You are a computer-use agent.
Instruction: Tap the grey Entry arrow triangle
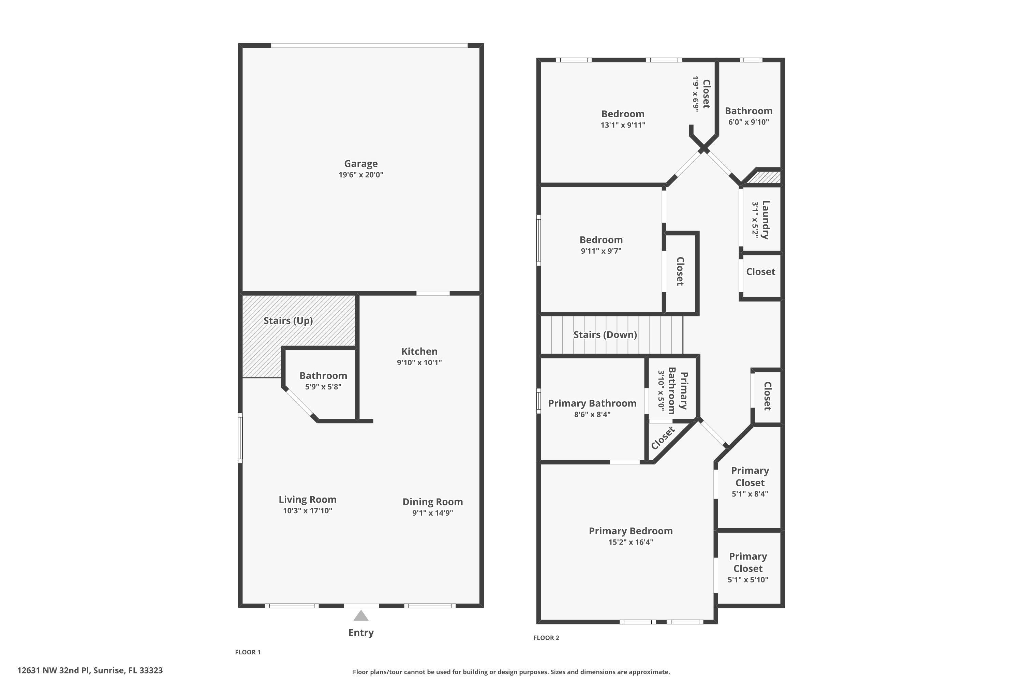click(360, 616)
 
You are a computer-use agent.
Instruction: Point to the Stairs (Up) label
click(288, 321)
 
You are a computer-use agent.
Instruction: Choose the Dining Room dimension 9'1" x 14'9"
click(432, 513)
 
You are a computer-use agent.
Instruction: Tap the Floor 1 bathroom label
click(323, 376)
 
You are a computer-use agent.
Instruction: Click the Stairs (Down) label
click(605, 335)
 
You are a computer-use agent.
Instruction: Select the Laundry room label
click(766, 220)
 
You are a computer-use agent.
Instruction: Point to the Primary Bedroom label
click(631, 531)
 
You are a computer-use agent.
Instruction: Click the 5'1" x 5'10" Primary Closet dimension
click(748, 580)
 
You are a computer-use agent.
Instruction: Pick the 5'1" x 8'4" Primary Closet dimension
click(750, 494)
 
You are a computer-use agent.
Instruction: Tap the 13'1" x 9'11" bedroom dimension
click(623, 125)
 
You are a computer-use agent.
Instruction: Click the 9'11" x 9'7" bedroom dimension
click(601, 251)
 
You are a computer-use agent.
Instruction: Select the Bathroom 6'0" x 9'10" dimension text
click(748, 122)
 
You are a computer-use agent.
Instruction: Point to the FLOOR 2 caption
click(546, 638)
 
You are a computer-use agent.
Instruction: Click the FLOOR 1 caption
click(248, 652)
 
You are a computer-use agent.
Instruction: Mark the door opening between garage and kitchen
click(433, 294)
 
